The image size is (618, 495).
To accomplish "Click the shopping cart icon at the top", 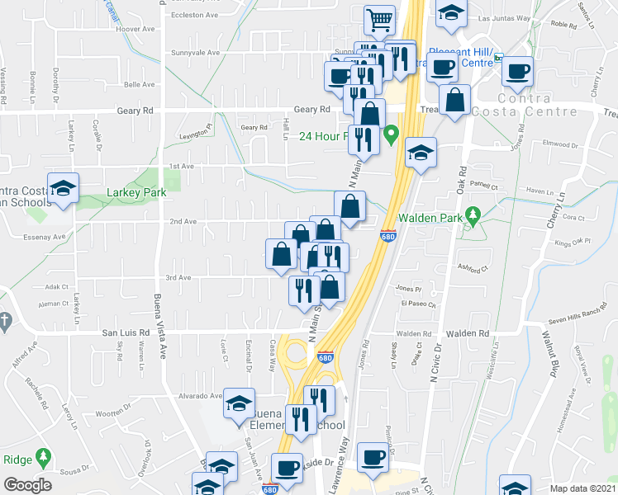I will coord(378,20).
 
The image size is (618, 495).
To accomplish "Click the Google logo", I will coord(28,485).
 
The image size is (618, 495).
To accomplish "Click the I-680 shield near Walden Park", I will coord(387,237).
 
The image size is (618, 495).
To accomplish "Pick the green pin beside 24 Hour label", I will coord(392,132).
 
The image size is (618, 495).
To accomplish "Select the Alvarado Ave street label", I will coord(204,395).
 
